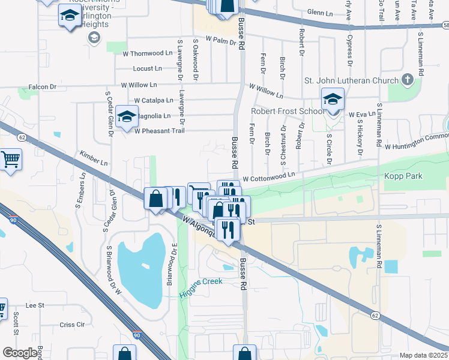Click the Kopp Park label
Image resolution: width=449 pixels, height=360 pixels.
pos(404,176)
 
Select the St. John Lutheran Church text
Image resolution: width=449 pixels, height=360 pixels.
pos(351,81)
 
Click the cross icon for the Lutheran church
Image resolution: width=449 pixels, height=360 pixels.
pos(408,80)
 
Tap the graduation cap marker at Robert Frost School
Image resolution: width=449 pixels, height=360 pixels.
pos(332,99)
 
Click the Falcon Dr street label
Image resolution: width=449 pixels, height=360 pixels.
pos(43,87)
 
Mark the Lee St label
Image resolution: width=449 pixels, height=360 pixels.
pos(35,305)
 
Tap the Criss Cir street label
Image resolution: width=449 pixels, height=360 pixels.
pos(72,325)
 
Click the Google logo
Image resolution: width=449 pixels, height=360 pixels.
pos(20,353)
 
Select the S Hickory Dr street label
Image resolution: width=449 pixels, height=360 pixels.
pos(360,137)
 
